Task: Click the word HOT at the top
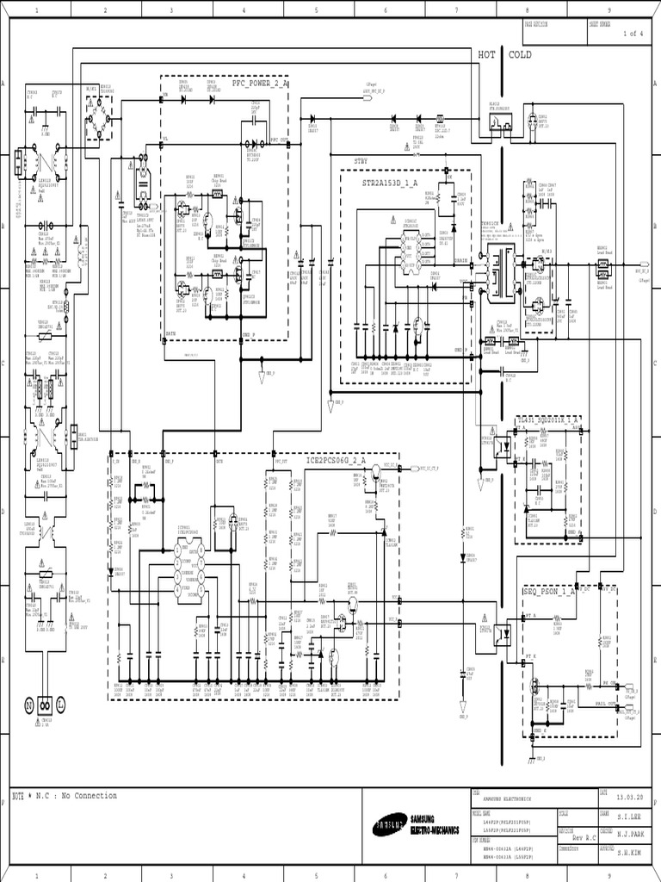point(488,54)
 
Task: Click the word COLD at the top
point(521,54)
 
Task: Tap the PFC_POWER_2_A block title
point(260,84)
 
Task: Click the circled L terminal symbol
point(61,705)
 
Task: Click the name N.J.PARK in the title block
point(628,832)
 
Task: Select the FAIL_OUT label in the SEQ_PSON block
point(607,704)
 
